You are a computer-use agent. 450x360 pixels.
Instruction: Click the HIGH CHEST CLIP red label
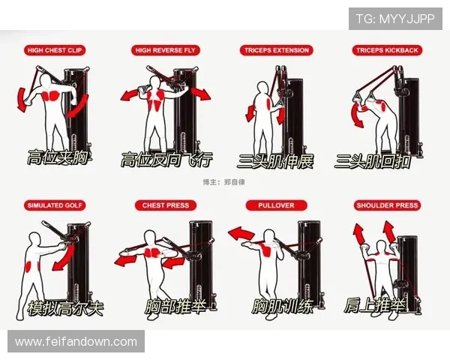coord(55,50)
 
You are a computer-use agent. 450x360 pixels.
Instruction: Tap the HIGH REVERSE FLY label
coord(165,50)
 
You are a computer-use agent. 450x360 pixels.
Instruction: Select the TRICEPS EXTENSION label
coord(276,50)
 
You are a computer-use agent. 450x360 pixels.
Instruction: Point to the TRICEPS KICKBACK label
coord(387,50)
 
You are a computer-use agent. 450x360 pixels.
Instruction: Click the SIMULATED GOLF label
coord(55,205)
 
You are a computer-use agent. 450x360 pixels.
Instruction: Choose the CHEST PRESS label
coord(166,205)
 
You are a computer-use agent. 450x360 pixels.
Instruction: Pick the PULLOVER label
coord(276,205)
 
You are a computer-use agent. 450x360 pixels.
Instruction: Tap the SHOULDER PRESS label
coord(387,205)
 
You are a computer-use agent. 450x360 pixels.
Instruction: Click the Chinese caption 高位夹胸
coord(58,157)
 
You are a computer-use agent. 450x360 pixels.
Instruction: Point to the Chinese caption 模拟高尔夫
coord(66,308)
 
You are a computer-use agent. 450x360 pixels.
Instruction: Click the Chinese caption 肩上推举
coord(375,305)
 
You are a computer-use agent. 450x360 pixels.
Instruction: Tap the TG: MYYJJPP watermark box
coord(395,19)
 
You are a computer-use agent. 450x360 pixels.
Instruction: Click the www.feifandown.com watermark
coord(76,342)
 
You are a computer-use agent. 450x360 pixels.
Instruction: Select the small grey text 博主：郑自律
coord(223,182)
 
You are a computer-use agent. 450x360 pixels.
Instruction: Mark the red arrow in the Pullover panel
coord(241,233)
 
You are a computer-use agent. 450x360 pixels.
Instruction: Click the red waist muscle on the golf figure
coord(29,266)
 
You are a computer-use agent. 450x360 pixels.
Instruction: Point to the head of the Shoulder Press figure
coord(381,247)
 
